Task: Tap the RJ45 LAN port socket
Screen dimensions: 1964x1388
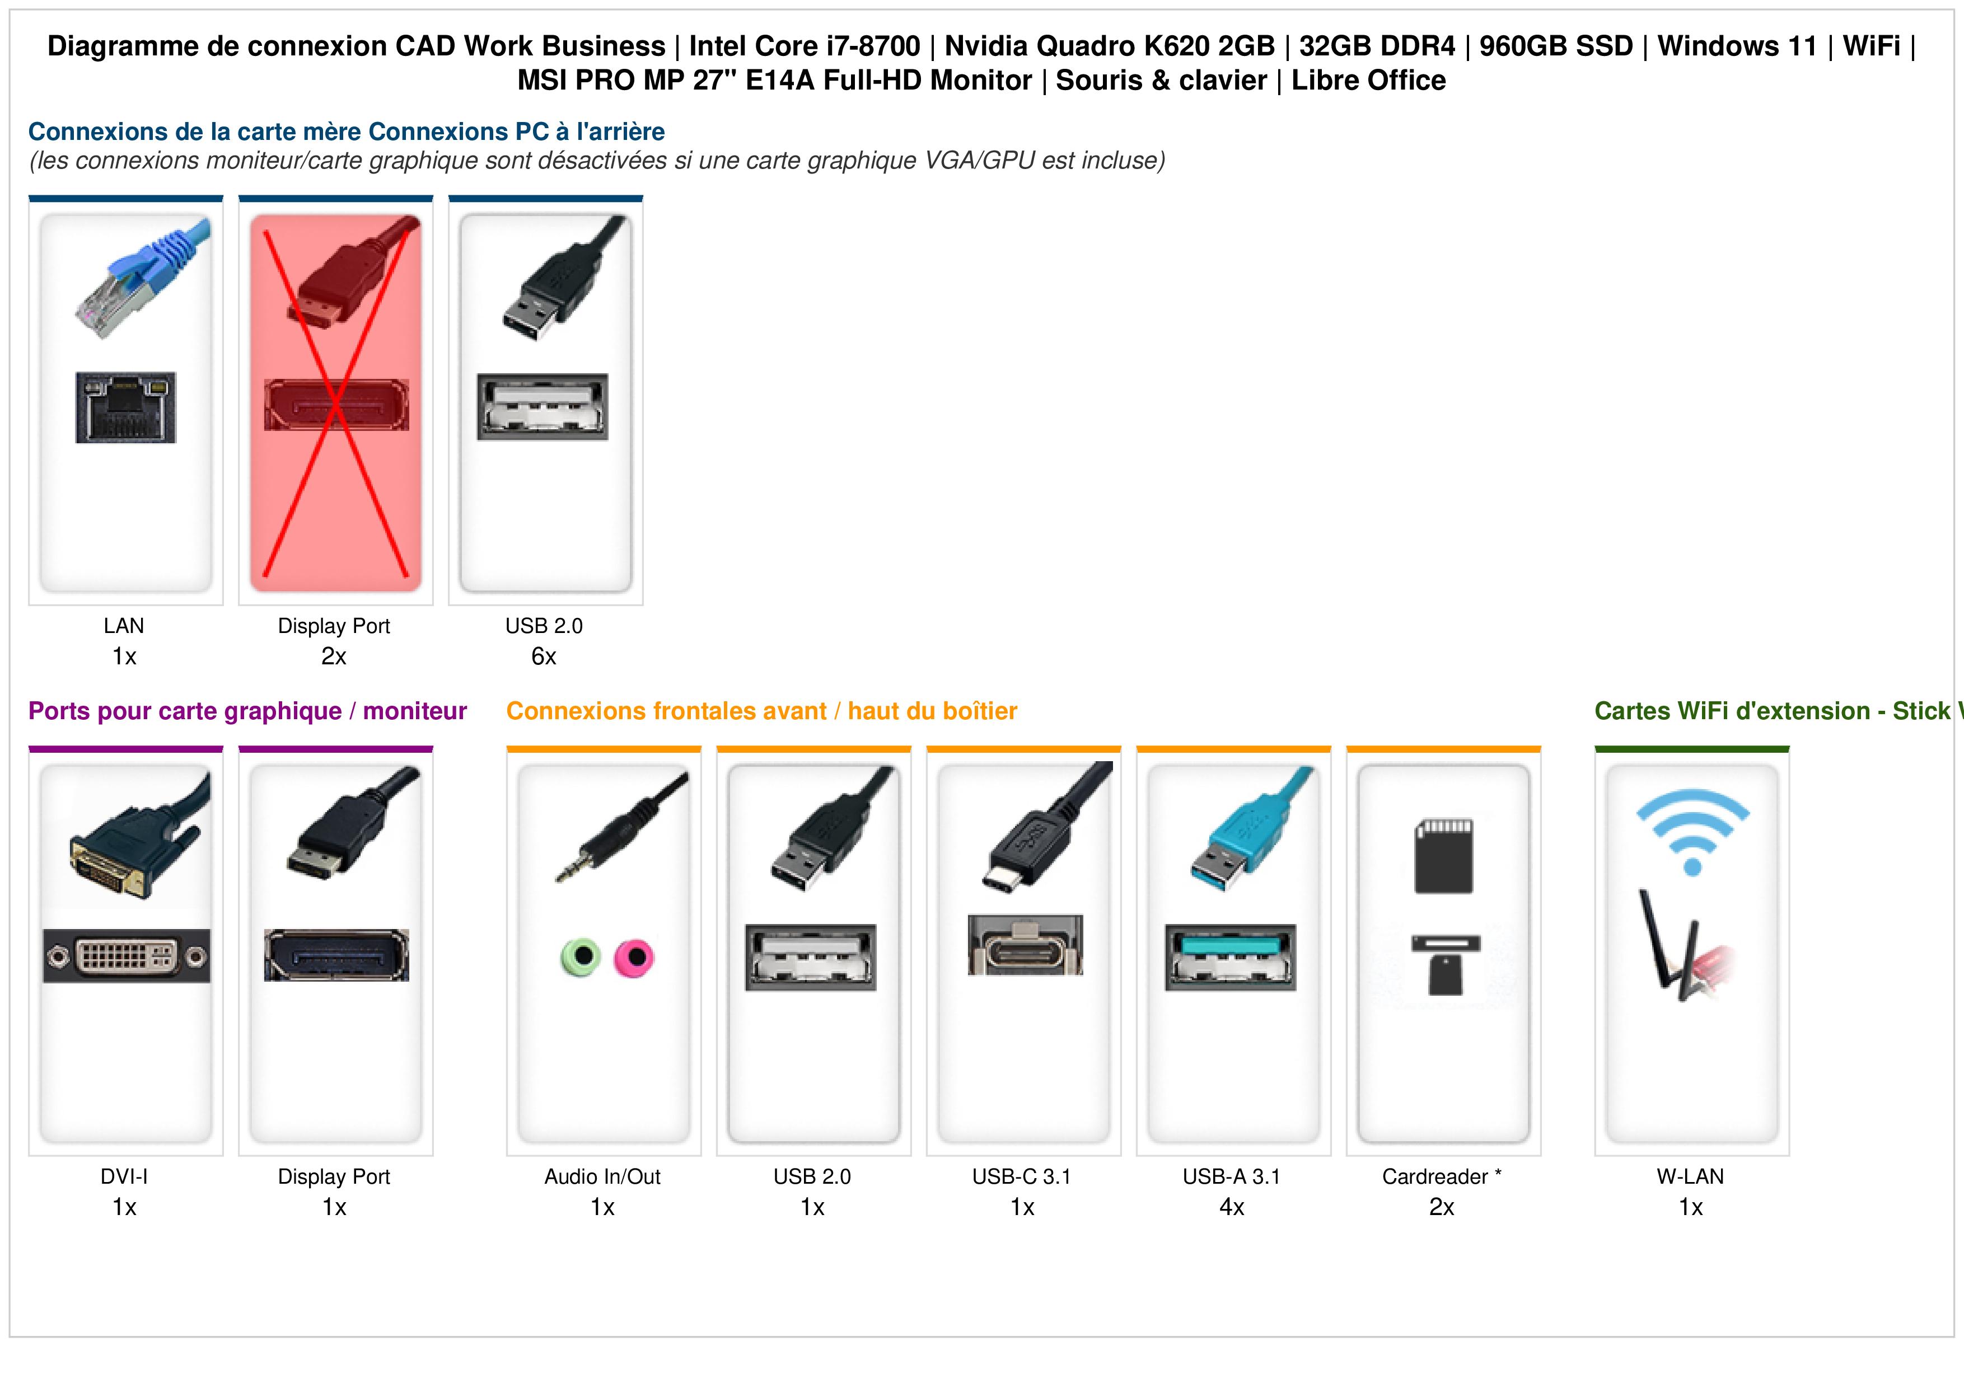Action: pos(126,407)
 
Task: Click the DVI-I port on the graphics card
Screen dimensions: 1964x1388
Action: pos(127,955)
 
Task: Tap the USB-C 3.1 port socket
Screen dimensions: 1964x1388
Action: pos(1025,944)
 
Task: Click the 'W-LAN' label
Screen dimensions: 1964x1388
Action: pos(1690,1177)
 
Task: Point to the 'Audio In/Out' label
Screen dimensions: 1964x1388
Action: pos(602,1177)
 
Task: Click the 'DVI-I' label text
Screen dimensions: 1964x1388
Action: pos(124,1177)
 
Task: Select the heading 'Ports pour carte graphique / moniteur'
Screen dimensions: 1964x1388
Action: pos(247,711)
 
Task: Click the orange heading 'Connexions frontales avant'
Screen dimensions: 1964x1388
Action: pos(666,711)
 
